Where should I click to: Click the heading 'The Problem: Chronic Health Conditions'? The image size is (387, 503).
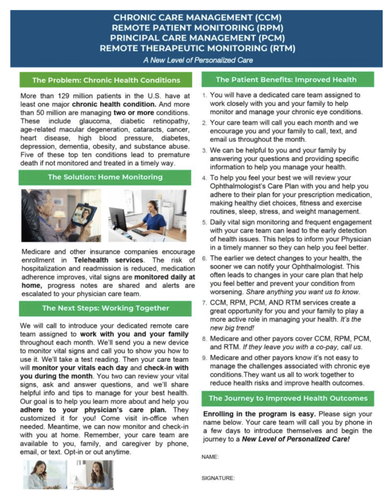pos(106,80)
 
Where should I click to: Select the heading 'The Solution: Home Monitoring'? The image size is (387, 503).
pos(106,177)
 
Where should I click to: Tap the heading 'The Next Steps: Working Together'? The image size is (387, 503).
pos(106,308)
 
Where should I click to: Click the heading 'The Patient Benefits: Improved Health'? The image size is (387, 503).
pos(286,79)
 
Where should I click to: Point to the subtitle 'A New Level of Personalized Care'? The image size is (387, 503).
pos(198,60)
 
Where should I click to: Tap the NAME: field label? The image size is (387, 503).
pos(210,457)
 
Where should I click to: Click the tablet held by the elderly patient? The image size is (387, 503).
pos(83,214)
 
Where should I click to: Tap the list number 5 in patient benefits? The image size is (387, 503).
pos(205,222)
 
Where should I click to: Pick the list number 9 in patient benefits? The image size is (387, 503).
pos(205,358)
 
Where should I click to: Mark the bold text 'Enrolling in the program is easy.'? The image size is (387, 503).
pos(247,414)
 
